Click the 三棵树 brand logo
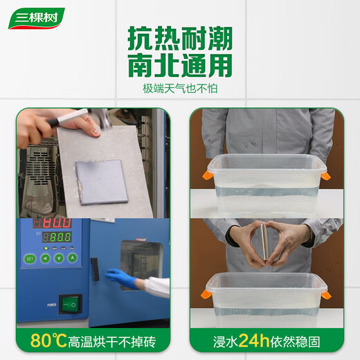click(36, 18)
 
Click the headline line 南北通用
click(179, 66)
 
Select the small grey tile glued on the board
click(103, 181)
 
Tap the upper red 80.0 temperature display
click(57, 224)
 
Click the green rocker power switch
click(70, 303)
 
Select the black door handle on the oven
click(94, 268)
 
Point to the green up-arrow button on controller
click(59, 259)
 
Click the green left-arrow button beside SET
click(44, 259)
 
